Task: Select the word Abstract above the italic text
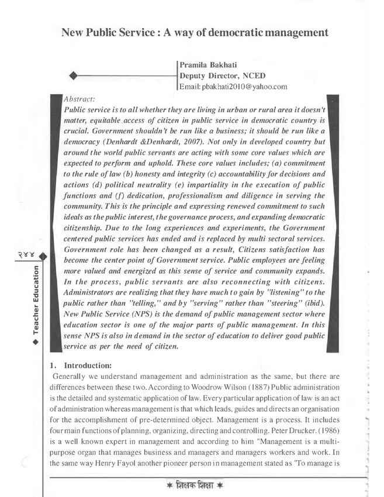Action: click(x=81, y=99)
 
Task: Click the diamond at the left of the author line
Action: click(x=73, y=75)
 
